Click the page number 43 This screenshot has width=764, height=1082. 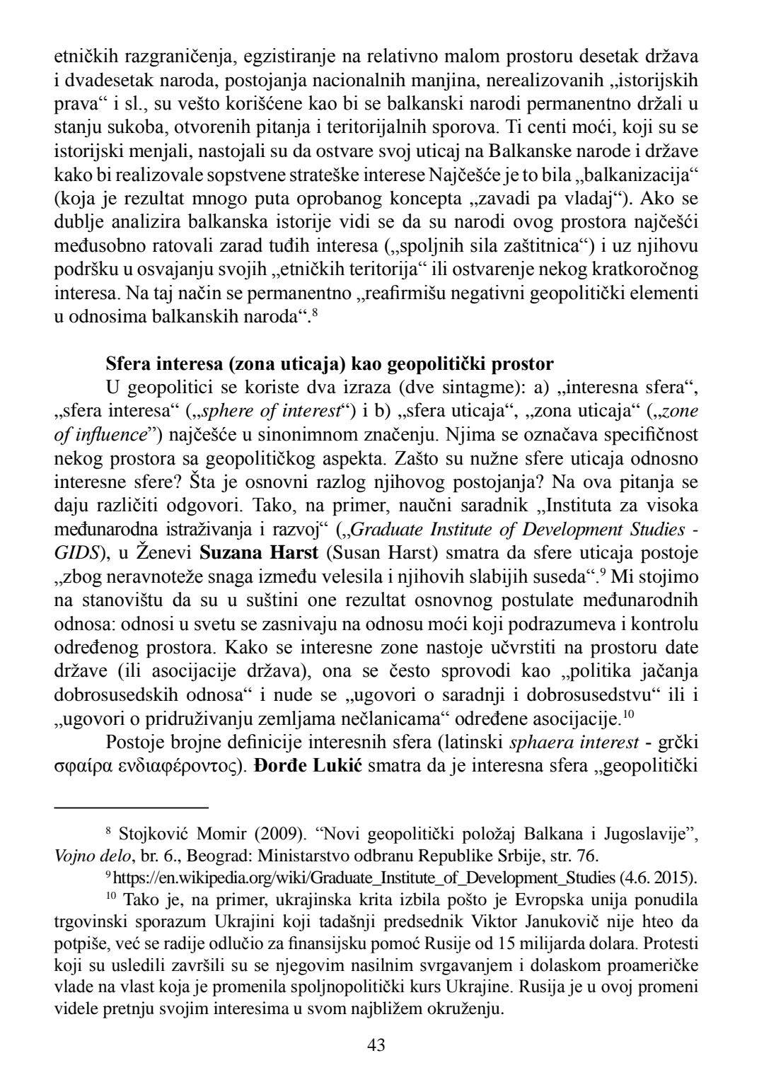(376, 1045)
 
